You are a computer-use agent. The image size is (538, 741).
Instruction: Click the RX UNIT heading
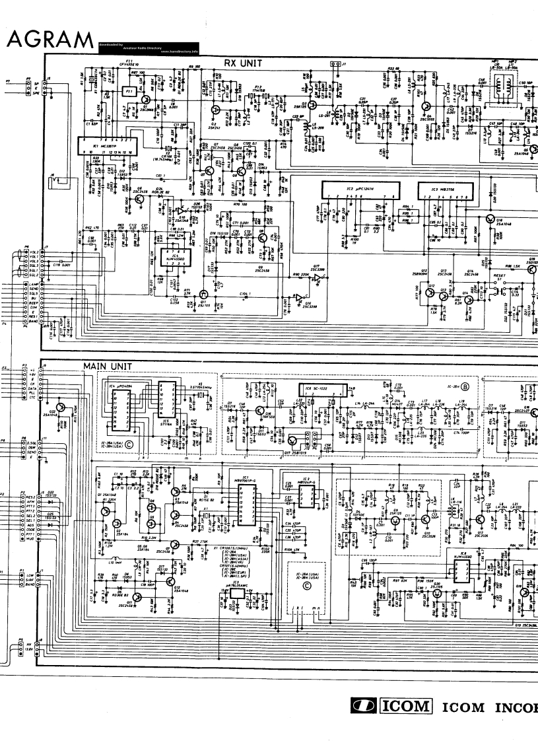(x=243, y=63)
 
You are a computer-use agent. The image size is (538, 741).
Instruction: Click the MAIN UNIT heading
(x=107, y=366)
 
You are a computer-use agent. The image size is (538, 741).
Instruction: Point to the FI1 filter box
(x=130, y=90)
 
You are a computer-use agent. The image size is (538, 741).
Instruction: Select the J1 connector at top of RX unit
(x=335, y=65)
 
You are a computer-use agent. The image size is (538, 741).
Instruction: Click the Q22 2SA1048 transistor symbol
(x=61, y=408)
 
